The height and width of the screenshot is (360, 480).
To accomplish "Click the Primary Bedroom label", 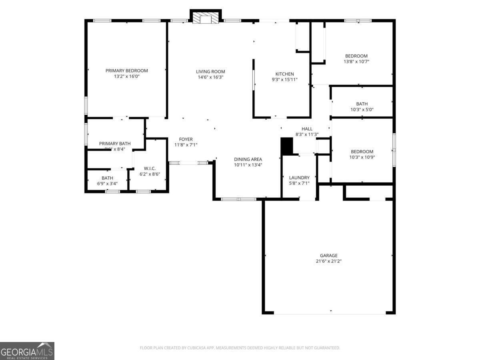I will click(126, 71).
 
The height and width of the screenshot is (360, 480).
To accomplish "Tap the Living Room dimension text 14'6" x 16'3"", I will click(210, 77).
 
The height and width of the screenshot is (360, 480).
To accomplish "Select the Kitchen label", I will click(284, 74).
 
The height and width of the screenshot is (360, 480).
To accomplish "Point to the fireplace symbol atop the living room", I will click(206, 18).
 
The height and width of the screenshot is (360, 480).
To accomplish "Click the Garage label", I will click(328, 256).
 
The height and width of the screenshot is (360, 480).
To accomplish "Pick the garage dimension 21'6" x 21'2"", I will click(328, 261).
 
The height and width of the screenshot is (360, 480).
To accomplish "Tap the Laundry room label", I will click(299, 178).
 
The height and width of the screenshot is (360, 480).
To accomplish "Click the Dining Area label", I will click(248, 159).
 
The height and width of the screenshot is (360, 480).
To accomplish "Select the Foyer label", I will click(186, 139).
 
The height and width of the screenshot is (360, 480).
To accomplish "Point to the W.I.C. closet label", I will click(150, 168).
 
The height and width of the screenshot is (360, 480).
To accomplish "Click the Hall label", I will click(307, 129).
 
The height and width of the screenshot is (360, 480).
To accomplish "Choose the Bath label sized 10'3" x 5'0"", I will click(362, 104).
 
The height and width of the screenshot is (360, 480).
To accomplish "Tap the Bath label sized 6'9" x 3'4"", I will click(107, 178).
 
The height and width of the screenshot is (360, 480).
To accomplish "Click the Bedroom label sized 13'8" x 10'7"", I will click(356, 56).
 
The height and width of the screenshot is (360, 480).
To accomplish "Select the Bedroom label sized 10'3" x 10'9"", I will click(362, 152).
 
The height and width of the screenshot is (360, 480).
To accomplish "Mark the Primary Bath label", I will click(115, 144).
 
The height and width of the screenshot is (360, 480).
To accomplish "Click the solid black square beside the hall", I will click(287, 146).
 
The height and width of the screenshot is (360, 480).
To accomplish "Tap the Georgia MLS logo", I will click(27, 351).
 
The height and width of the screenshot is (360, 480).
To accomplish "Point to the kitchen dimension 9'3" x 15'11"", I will click(284, 80).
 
